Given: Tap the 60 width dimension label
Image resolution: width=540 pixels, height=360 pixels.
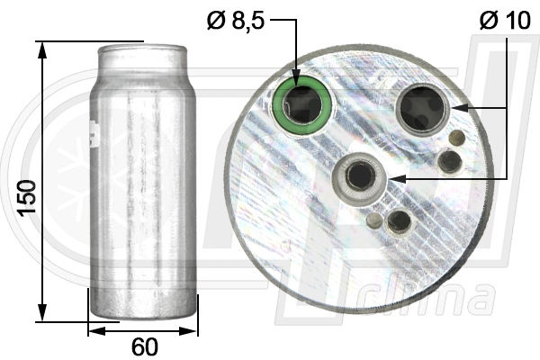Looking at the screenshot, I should click(x=144, y=346).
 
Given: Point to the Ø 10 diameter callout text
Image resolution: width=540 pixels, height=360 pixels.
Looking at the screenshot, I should click(x=505, y=20).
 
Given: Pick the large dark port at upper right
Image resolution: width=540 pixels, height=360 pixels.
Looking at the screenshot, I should click(x=423, y=109).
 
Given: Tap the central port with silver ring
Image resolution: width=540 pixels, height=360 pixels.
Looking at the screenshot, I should click(x=361, y=175).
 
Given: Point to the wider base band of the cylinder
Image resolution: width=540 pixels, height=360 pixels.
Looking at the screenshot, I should click(x=143, y=305).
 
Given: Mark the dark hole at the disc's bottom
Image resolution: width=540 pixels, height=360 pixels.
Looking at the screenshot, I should click(x=398, y=221).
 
